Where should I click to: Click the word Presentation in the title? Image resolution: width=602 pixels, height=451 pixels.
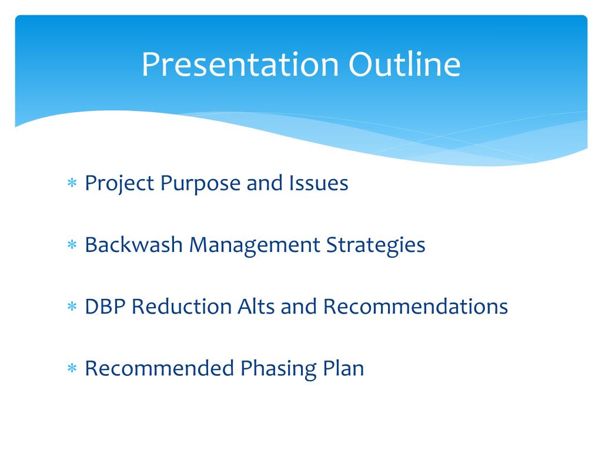coord(240,65)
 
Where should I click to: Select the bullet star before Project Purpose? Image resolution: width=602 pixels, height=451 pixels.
coord(72,183)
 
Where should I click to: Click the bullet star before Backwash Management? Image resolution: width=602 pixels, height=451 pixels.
coord(72,244)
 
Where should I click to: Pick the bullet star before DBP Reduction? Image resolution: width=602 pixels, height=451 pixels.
coord(72,306)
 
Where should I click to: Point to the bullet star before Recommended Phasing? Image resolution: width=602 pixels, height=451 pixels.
coord(72,368)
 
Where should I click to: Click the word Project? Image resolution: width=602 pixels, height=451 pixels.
coord(119,184)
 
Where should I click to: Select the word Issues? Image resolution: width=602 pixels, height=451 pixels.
coord(319,183)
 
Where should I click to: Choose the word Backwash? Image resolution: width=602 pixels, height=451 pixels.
coord(133,245)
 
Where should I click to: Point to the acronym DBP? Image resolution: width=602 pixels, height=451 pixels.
coord(105,307)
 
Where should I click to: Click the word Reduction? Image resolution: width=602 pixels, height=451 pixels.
coord(182,307)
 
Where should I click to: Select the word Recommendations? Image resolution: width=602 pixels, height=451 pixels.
coord(416,307)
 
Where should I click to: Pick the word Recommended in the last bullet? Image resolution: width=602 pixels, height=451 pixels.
coord(159,368)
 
